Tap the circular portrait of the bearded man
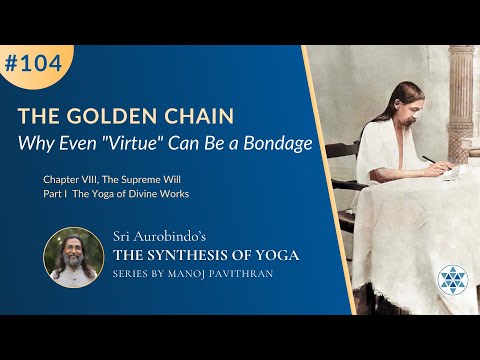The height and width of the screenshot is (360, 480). pyautogui.click(x=72, y=257)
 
